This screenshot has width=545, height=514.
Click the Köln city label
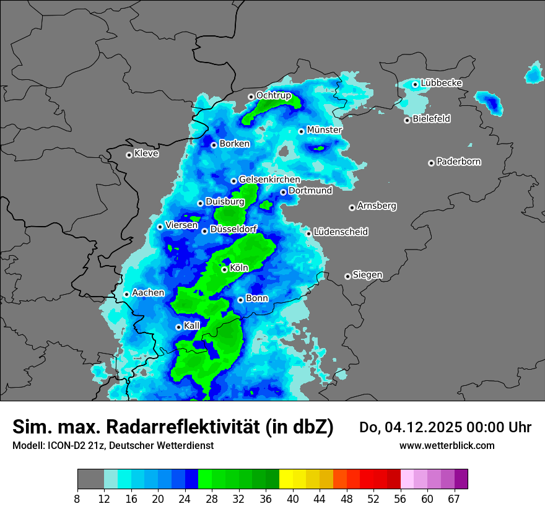(x=238, y=268)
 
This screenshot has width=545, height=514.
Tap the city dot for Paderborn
(x=431, y=163)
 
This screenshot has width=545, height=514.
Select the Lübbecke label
(x=441, y=83)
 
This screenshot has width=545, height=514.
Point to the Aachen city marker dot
(x=126, y=294)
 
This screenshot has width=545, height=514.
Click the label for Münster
(x=324, y=130)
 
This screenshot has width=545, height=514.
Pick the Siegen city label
(x=367, y=274)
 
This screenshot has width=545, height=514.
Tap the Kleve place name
(x=146, y=154)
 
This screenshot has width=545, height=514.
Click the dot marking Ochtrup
(x=251, y=97)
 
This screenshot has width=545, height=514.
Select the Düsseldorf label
(x=233, y=229)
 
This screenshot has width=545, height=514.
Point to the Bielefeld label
(x=431, y=118)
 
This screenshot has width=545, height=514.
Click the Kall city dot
(x=178, y=327)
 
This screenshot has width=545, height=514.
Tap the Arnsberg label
(x=377, y=206)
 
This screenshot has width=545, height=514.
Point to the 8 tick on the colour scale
(x=77, y=499)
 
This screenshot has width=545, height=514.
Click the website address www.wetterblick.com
(x=447, y=445)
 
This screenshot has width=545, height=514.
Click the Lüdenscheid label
(x=341, y=232)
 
